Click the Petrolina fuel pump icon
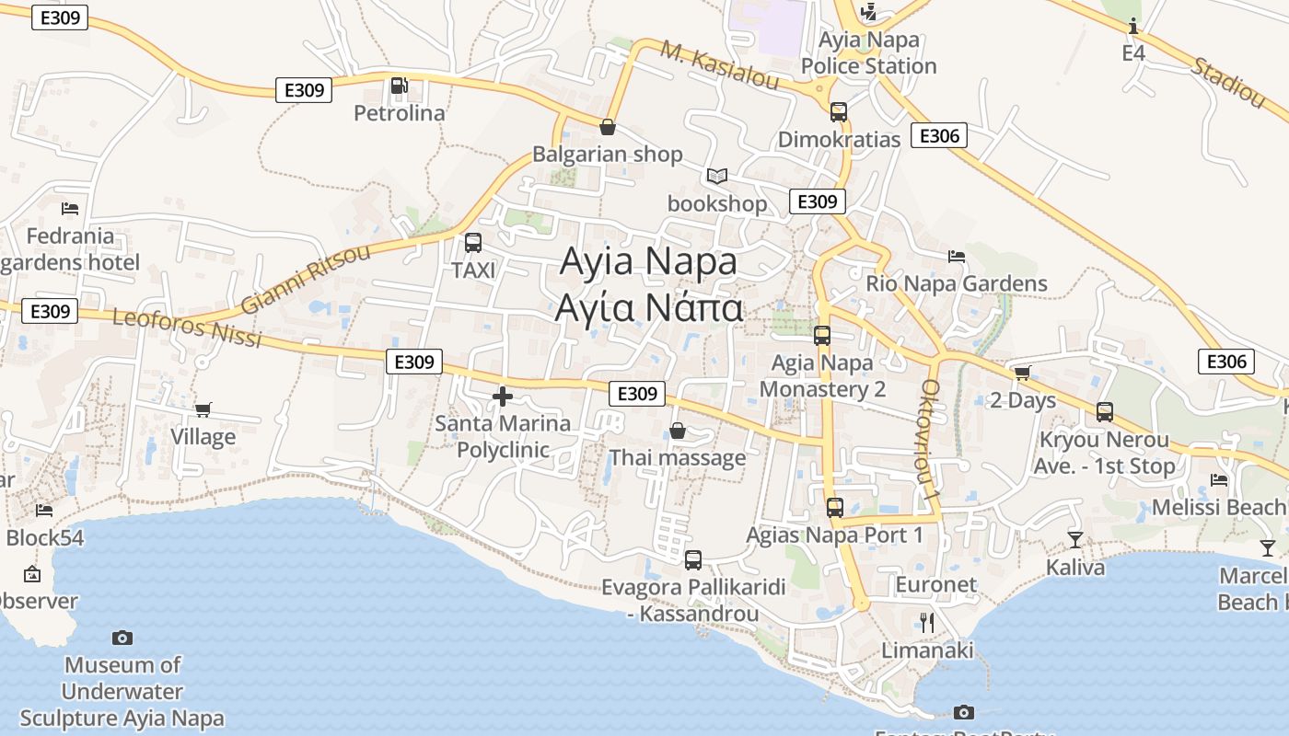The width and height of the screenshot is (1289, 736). (x=399, y=86)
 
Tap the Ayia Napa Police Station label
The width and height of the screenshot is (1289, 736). (x=868, y=53)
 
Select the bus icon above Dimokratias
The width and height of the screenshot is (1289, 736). (x=839, y=112)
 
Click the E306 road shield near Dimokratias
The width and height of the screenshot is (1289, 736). (x=939, y=136)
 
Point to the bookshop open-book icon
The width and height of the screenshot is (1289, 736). (x=717, y=176)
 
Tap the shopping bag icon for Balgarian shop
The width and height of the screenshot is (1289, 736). (x=607, y=127)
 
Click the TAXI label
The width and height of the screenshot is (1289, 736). (x=473, y=270)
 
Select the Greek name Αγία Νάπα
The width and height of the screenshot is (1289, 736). (x=649, y=307)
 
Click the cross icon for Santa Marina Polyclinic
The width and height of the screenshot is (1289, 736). (x=503, y=397)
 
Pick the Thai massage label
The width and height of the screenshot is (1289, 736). (x=678, y=457)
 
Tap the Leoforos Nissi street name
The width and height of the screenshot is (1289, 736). (x=187, y=328)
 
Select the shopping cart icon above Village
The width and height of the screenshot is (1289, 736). (x=203, y=409)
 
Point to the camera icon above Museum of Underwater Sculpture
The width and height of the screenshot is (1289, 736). (x=122, y=638)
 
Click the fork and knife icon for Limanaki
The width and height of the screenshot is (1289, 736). (x=927, y=623)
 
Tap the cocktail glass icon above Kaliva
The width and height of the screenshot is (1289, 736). (x=1075, y=539)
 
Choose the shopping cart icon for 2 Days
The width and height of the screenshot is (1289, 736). (x=1022, y=373)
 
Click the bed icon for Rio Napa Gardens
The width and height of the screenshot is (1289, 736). (x=957, y=256)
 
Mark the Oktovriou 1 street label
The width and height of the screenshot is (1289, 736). (x=929, y=440)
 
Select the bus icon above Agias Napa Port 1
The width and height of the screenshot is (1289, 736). (x=835, y=507)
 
